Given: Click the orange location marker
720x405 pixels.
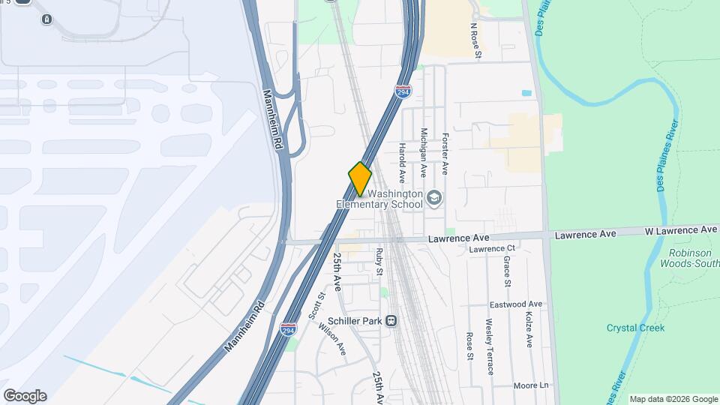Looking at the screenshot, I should (360, 178).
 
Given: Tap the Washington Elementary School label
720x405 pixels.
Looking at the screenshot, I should (379, 199).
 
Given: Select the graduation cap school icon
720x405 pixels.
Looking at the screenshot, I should (434, 199).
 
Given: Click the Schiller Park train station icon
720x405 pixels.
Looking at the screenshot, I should (391, 321).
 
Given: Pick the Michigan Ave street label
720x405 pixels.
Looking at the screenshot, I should (424, 152).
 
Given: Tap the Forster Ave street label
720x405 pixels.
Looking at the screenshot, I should (445, 154).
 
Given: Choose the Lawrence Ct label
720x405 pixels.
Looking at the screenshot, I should (493, 249).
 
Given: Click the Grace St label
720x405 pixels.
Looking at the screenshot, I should (508, 271).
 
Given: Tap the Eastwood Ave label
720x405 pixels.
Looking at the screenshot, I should (516, 305).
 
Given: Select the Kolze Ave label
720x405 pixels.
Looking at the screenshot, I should (529, 330).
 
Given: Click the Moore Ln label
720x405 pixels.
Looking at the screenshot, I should (532, 385).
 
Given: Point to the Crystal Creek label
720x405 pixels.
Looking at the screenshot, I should (636, 328).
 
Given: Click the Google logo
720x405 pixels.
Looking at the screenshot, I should (25, 396).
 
